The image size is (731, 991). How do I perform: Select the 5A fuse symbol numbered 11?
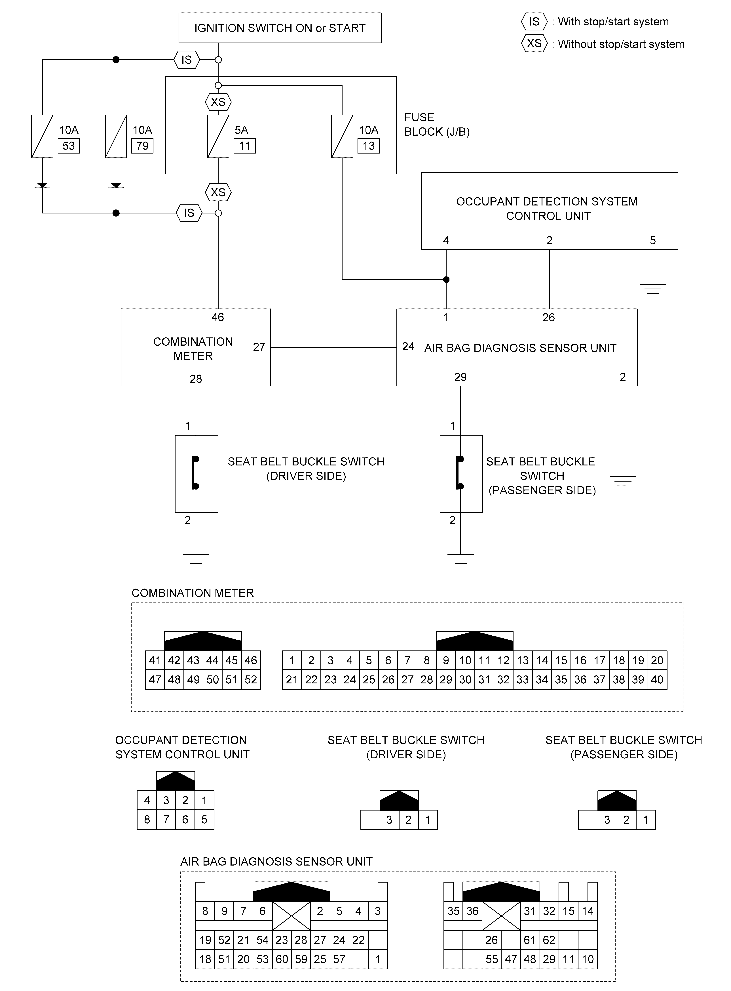point(218,136)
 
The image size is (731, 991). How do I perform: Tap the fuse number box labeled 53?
point(69,146)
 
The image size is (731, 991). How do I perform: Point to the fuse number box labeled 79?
point(142,146)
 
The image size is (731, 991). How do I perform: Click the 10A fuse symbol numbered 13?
point(342,136)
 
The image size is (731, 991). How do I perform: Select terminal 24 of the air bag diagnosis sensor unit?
point(408,347)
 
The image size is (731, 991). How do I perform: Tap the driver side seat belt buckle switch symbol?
point(197,474)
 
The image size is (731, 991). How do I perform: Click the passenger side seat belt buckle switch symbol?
point(461,474)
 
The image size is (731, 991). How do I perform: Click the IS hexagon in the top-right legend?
point(534,22)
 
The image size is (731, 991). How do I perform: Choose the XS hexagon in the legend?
point(534,43)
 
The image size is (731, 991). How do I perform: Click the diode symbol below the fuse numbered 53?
point(43,185)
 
